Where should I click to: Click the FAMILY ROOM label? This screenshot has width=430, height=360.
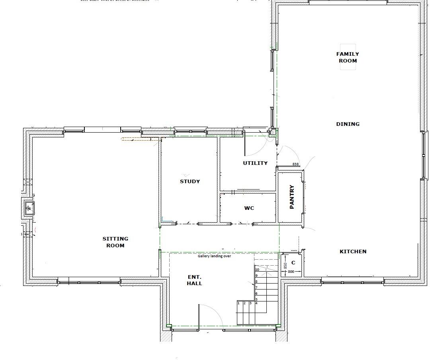point(348,57)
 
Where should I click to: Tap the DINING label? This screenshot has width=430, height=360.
point(348,124)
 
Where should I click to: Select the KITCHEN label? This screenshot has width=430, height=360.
point(353,251)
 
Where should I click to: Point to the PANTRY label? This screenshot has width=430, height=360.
point(292,197)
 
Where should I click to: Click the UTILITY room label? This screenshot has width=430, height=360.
point(255,163)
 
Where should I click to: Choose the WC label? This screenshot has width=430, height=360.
point(249,208)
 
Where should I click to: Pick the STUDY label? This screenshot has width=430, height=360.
point(190,181)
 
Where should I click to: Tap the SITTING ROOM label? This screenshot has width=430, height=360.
point(115,242)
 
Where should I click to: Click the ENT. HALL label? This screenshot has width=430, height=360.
point(195,280)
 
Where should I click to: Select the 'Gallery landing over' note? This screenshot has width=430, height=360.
point(214,256)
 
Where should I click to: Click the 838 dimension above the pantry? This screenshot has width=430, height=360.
point(295,164)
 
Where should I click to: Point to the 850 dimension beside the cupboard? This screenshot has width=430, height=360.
point(285,265)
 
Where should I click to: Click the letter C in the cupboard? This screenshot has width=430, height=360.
point(293,263)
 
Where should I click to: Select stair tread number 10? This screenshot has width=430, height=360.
point(257,270)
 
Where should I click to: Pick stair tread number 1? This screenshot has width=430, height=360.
point(238,303)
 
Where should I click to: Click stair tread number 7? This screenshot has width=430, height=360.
point(256,288)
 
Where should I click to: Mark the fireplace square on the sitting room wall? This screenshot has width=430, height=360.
point(29,207)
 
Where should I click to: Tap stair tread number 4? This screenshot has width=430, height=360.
point(256,303)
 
